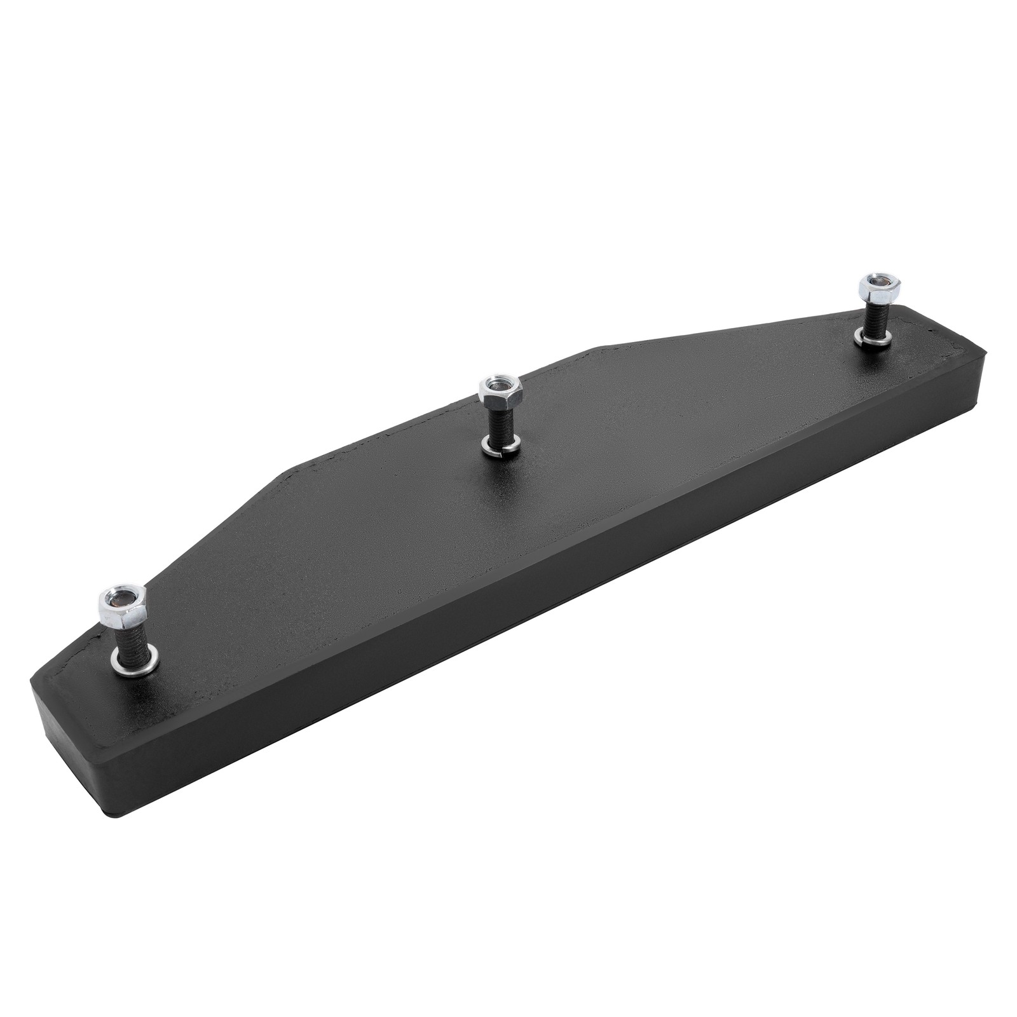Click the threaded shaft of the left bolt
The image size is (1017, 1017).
click(x=130, y=636)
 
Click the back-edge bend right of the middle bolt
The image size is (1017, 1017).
click(x=597, y=348)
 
